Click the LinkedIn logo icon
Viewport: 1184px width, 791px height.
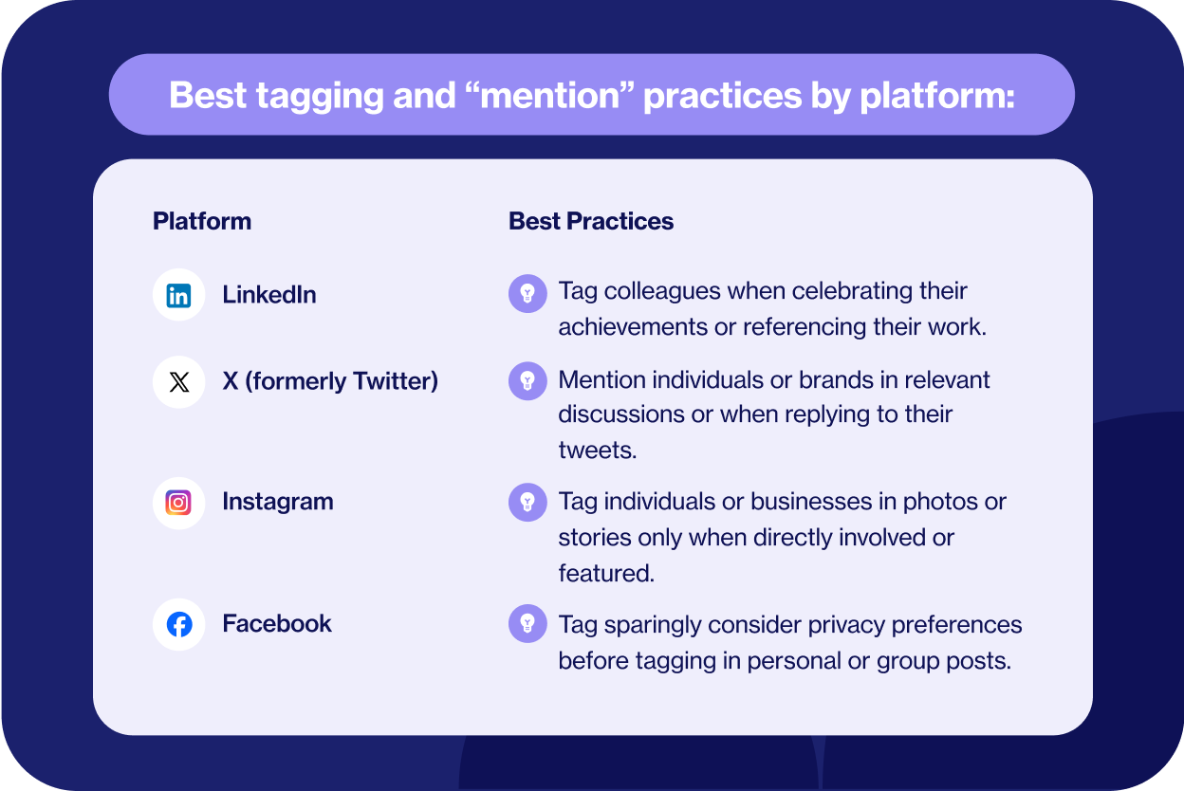click(x=178, y=295)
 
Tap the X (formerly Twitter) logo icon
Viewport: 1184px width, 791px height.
click(x=178, y=382)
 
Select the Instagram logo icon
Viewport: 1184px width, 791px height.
click(x=178, y=503)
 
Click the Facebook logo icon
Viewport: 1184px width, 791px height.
click(x=178, y=624)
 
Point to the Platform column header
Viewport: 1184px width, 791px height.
click(x=202, y=221)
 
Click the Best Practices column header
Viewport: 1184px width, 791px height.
click(x=591, y=221)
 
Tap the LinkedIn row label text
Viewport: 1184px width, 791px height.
click(x=269, y=295)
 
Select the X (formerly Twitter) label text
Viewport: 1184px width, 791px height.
click(x=330, y=381)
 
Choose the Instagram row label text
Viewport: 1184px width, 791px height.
click(x=278, y=502)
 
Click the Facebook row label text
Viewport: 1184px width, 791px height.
click(x=277, y=623)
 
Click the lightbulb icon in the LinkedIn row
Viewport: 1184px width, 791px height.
click(x=527, y=293)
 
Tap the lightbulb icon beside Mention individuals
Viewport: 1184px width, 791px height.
click(x=527, y=381)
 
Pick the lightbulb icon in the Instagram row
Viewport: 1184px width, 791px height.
click(x=527, y=502)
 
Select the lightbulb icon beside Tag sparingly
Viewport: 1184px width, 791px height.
click(x=527, y=623)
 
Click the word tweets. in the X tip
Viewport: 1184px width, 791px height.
click(x=598, y=451)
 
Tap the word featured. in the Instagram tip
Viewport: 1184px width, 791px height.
click(x=606, y=574)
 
